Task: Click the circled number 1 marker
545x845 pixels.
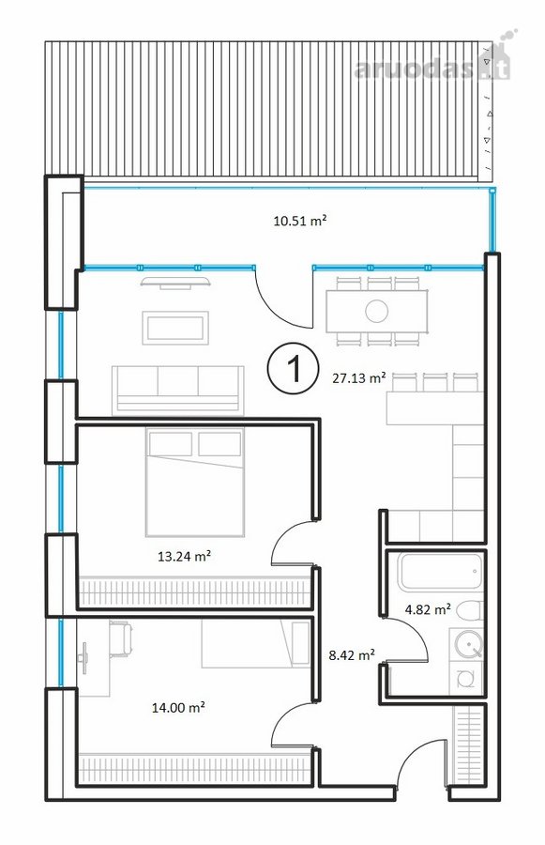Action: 294,367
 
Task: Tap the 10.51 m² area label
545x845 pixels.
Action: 300,221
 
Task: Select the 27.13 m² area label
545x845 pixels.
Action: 358,377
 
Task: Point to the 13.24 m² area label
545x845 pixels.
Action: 184,556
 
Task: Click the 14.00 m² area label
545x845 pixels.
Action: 177,707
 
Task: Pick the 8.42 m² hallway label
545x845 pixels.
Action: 352,654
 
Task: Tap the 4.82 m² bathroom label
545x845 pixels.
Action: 428,609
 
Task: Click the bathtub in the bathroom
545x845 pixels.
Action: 440,571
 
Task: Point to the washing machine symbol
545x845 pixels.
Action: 466,677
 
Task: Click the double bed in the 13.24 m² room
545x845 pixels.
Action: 194,483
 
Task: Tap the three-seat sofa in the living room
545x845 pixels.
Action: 177,390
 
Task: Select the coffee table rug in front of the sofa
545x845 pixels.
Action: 175,328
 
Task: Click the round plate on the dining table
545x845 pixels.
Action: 376,311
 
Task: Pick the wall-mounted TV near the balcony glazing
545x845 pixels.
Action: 175,282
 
